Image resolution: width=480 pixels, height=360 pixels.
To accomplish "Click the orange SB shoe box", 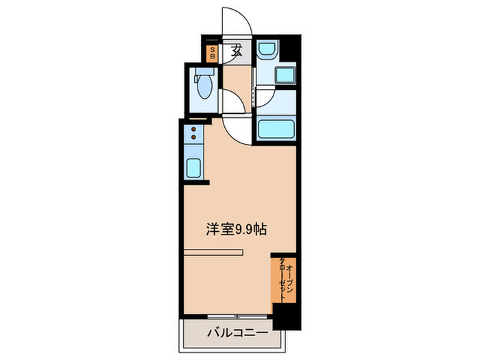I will coord(213,53).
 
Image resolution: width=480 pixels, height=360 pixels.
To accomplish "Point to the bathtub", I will coord(275,128).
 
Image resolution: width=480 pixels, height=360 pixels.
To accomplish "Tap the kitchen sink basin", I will coord(193,167).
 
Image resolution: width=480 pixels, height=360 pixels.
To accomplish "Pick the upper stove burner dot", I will coord(194,129).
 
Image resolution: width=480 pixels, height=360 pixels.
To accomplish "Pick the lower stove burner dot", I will coord(194,138).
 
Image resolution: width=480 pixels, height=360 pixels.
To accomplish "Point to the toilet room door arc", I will coord(228,103).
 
